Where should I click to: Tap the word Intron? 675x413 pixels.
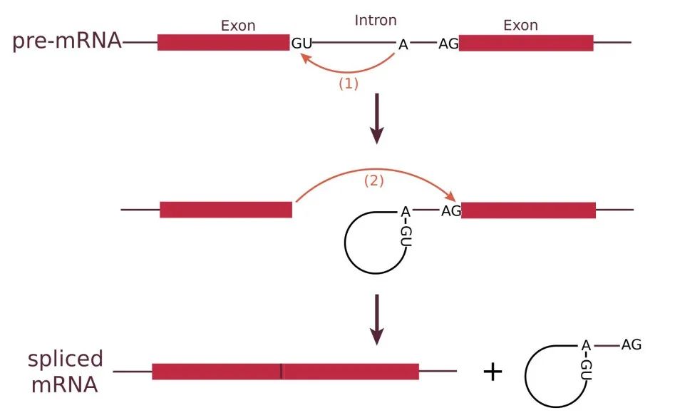[375, 21]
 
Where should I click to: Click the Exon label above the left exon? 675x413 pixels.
[238, 26]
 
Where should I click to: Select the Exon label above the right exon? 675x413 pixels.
[520, 26]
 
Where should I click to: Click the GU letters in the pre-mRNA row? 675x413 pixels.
[302, 44]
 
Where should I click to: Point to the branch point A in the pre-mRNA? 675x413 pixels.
[403, 44]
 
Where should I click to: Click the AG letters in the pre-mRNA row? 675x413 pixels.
[448, 44]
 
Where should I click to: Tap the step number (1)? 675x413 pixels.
[347, 83]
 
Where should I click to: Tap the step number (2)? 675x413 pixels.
[374, 181]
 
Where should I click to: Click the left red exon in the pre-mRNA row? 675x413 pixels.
[223, 43]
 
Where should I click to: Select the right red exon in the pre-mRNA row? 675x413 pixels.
[526, 43]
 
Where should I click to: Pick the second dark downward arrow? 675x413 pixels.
[377, 323]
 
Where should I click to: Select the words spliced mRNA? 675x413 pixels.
[65, 371]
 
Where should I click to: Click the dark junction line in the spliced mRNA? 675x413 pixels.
[282, 372]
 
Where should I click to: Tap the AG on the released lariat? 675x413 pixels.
[631, 345]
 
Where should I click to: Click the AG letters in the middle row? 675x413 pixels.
[451, 210]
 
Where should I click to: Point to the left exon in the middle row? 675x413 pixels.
[226, 210]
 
